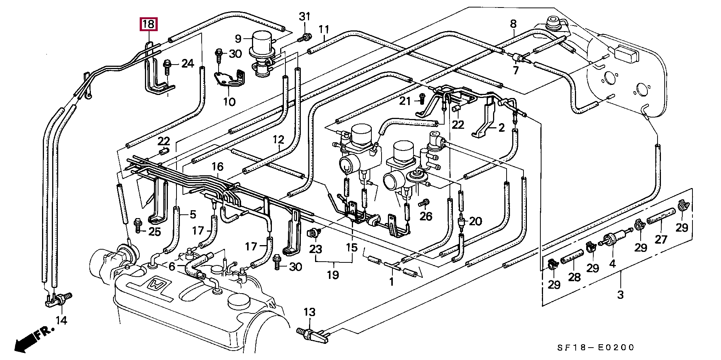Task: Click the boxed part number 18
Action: (148, 24)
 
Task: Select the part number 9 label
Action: (238, 38)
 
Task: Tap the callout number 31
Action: (305, 17)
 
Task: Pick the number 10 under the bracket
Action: (229, 101)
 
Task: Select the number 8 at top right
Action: (513, 24)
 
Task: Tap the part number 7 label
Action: (516, 70)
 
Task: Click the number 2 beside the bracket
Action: (502, 128)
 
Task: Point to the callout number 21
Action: (405, 101)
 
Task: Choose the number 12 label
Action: (279, 140)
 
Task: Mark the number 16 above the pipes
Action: (217, 167)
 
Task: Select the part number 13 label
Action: (310, 312)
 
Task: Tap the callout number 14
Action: (61, 320)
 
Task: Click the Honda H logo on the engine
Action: (157, 286)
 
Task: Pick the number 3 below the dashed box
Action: (620, 295)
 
